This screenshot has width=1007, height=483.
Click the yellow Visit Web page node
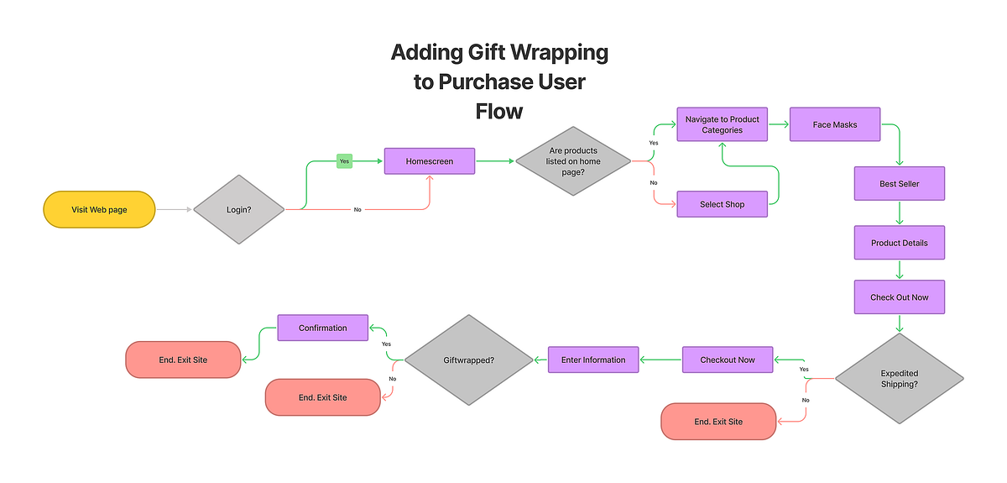click(x=99, y=209)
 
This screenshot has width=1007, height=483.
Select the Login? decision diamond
click(x=239, y=209)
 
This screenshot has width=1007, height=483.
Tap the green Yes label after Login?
click(x=344, y=160)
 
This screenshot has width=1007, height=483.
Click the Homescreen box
click(x=430, y=161)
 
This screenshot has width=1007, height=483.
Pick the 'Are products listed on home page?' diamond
click(x=572, y=161)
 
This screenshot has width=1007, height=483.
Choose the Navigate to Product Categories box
click(x=722, y=125)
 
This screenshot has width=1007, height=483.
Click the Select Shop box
click(x=722, y=204)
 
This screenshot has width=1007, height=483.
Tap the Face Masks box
click(x=834, y=125)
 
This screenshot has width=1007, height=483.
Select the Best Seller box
click(x=900, y=184)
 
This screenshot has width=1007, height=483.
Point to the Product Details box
click(x=900, y=243)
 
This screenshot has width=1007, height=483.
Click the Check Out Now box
click(x=900, y=297)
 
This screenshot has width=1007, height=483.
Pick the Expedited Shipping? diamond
click(x=900, y=379)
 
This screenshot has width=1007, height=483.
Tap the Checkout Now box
click(x=728, y=360)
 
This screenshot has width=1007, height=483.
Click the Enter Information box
click(x=593, y=360)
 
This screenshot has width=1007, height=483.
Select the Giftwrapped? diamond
click(x=468, y=360)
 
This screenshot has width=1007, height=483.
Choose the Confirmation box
click(x=323, y=328)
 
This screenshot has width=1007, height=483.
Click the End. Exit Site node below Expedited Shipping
click(x=718, y=421)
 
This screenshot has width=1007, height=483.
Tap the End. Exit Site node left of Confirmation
click(x=182, y=360)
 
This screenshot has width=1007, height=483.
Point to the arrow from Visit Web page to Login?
click(x=174, y=209)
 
